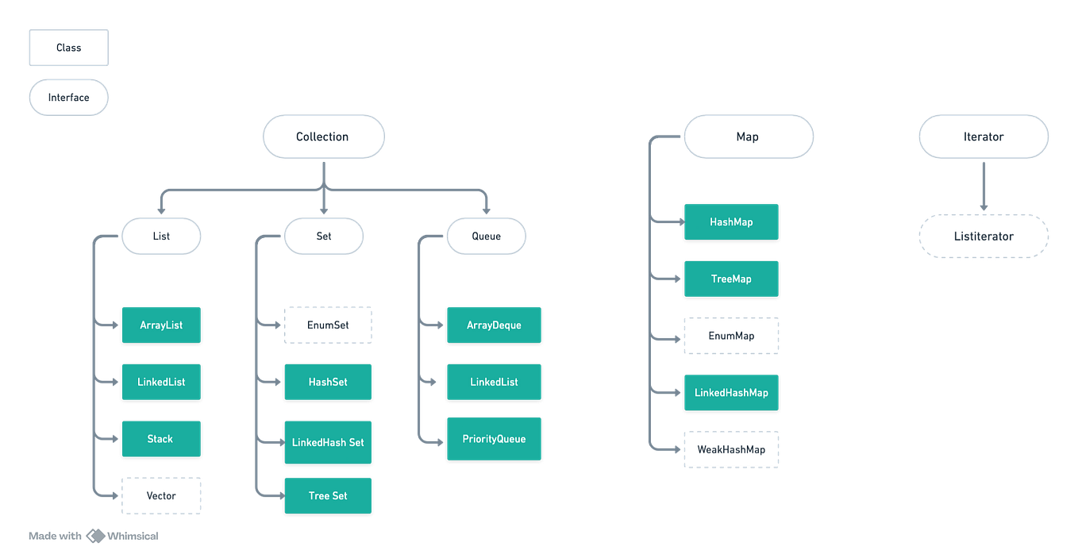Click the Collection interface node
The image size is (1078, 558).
[x=322, y=137]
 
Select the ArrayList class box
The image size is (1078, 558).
[x=161, y=325]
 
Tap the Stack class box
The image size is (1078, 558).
[x=161, y=438]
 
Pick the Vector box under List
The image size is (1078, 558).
[x=161, y=495]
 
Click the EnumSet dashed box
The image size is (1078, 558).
[x=328, y=325]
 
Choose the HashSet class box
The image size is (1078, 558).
[x=328, y=382]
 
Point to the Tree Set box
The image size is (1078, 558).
[x=328, y=495]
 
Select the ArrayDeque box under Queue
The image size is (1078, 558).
[x=494, y=325]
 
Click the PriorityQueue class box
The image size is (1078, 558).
[x=494, y=438]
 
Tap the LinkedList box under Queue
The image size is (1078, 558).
[x=494, y=382]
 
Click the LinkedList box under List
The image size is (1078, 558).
[x=161, y=382]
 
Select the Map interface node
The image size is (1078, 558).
[x=748, y=137]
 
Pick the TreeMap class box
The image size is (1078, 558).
[x=731, y=279]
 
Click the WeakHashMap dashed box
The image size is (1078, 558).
[x=731, y=449]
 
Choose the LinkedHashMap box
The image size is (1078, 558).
[x=731, y=392]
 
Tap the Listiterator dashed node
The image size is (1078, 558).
[x=984, y=236]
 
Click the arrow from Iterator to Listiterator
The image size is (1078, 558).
[x=984, y=185]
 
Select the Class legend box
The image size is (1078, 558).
[x=69, y=48]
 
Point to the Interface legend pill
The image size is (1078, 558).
[x=69, y=98]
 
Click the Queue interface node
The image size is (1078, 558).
[x=486, y=236]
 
